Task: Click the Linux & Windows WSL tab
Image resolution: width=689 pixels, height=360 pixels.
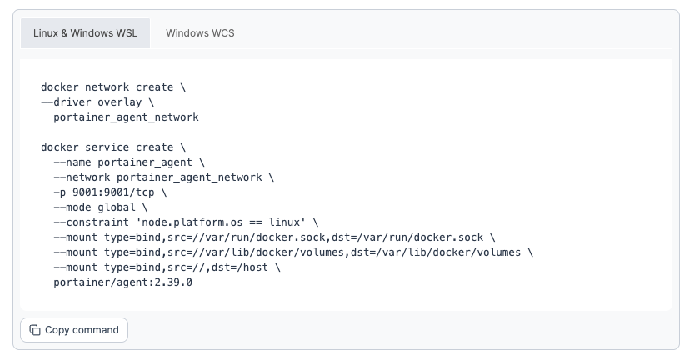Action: click(86, 33)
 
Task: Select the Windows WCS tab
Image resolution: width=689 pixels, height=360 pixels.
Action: click(200, 33)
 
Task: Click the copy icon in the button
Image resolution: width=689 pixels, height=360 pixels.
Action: click(35, 330)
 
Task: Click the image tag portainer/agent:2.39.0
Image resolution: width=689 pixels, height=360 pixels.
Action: click(122, 282)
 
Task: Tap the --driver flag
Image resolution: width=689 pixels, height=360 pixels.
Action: click(67, 102)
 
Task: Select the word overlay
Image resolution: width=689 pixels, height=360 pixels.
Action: click(120, 102)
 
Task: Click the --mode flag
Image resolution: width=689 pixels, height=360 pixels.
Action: click(72, 207)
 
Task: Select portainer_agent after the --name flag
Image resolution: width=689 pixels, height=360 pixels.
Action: click(145, 162)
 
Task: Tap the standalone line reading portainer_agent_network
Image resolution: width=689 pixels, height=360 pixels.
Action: click(126, 117)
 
